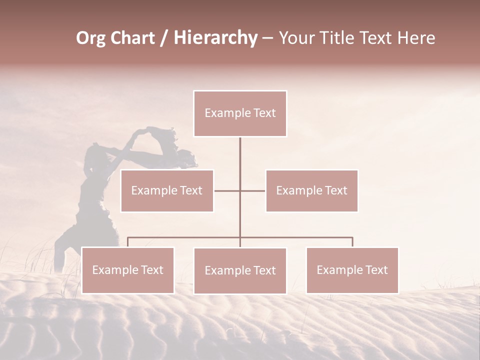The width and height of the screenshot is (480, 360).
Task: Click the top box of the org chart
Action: (240, 113)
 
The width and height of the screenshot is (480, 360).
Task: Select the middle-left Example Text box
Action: (167, 190)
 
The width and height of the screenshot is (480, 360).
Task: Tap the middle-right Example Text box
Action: (311, 190)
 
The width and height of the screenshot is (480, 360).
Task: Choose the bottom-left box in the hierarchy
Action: (128, 270)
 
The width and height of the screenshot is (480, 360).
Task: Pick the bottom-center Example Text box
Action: (240, 270)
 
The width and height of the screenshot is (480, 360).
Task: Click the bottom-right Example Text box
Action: (352, 270)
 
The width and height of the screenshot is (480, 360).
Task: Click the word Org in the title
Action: (90, 38)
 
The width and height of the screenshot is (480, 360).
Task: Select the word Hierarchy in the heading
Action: (215, 38)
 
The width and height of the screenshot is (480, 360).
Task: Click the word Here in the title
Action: (416, 38)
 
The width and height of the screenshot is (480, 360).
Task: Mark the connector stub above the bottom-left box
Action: (128, 242)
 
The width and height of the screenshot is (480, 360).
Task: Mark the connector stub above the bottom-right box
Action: (352, 242)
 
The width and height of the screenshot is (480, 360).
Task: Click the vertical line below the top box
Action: (240, 155)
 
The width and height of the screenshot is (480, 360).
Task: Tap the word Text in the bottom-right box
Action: (376, 270)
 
